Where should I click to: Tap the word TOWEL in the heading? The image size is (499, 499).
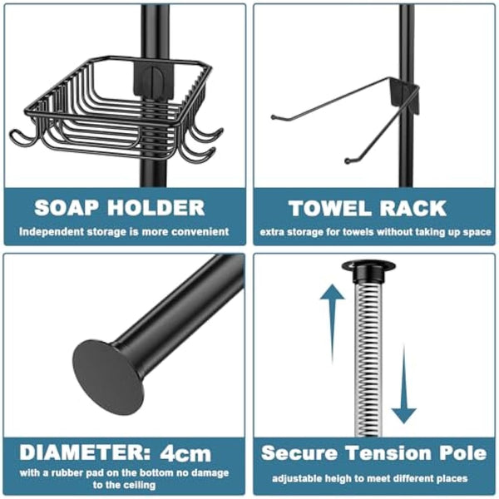tap(324, 208)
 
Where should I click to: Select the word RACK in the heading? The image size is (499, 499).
tap(412, 208)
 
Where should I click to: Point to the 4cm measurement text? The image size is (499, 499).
tap(187, 453)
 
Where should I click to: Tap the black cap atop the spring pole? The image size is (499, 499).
tap(368, 270)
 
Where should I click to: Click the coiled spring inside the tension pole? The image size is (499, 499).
tap(368, 358)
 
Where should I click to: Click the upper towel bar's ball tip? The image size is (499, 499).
tap(274, 118)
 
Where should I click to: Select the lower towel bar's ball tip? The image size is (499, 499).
tap(348, 159)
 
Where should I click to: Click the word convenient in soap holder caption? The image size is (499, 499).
tap(198, 232)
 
